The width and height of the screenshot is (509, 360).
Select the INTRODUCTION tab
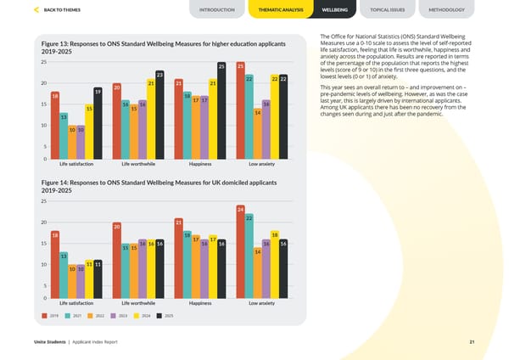(x=217, y=9)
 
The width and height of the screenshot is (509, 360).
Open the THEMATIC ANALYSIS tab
(x=279, y=9)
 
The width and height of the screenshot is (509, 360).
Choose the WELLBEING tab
(x=334, y=9)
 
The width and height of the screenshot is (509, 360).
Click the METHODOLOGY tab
(x=447, y=9)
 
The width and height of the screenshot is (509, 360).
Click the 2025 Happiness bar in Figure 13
(x=221, y=110)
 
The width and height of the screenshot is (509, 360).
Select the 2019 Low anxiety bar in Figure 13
(x=241, y=110)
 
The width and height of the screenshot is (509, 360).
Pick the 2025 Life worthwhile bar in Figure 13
(x=159, y=115)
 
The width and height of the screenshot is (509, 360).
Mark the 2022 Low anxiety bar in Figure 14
(x=257, y=273)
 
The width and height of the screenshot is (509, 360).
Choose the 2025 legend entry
(x=165, y=315)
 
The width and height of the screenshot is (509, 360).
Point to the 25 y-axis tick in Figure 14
(x=43, y=201)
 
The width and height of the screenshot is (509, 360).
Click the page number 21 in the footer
(x=471, y=342)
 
